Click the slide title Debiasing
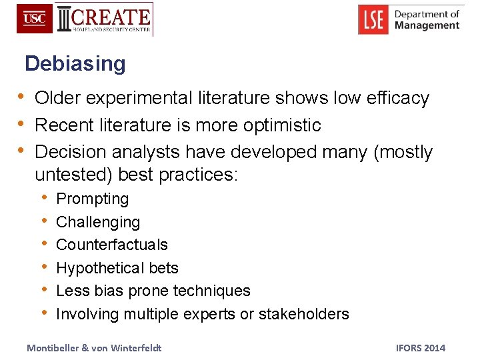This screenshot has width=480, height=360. [75, 64]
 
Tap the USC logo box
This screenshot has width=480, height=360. [35, 19]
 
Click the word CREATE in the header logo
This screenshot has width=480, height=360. [111, 16]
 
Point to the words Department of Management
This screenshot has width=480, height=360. [427, 19]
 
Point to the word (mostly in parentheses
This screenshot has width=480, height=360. [403, 152]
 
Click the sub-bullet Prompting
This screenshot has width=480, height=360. [93, 199]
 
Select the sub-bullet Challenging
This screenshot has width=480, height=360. [98, 222]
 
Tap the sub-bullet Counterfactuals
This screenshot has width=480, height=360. [112, 245]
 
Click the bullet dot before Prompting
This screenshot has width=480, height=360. [43, 198]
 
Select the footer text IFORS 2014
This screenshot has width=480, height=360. [420, 348]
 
